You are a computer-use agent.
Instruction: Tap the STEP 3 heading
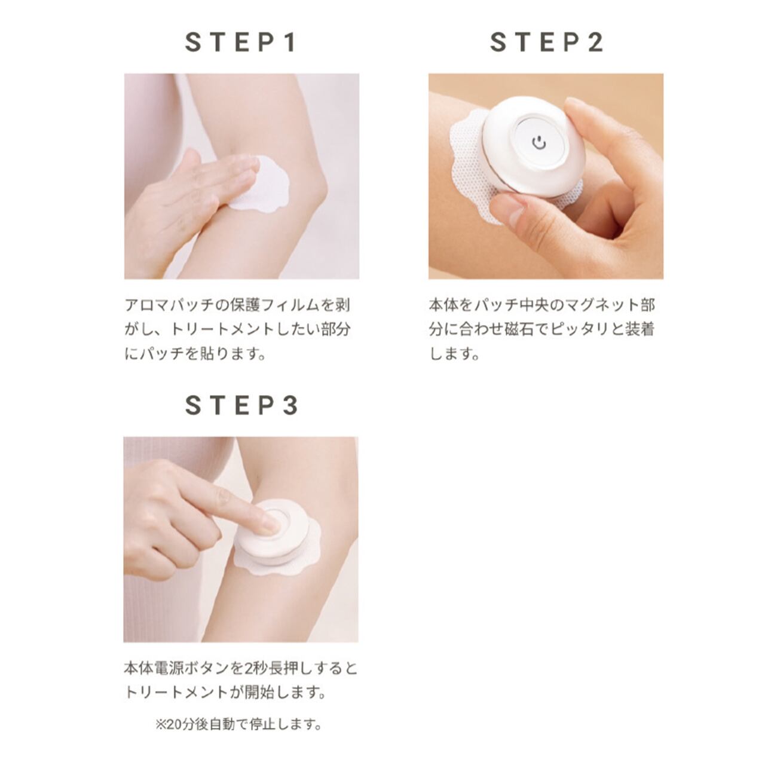point(241,406)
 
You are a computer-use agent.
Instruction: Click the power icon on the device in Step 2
point(539,143)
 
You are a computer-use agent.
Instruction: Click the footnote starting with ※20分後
point(239,725)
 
